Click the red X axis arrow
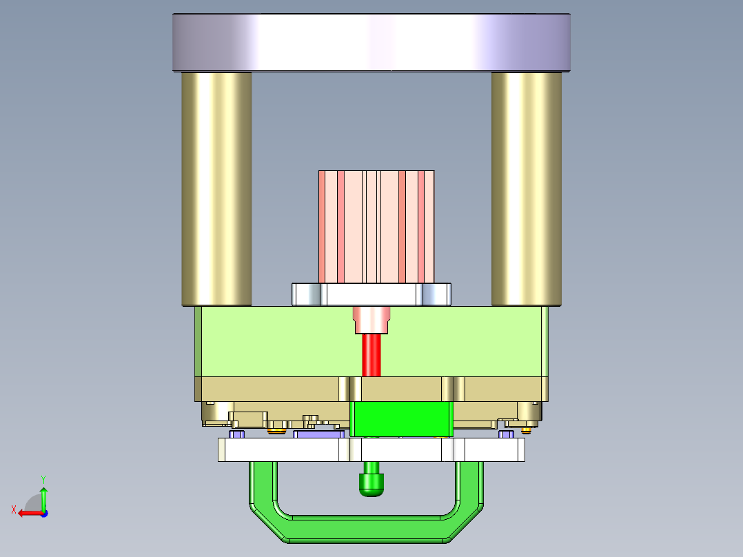[28, 513]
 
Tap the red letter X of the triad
[13, 509]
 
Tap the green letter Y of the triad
[43, 478]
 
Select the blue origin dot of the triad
[43, 513]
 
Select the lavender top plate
[371, 42]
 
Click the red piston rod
[371, 355]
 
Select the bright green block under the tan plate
[402, 419]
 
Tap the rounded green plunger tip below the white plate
[371, 485]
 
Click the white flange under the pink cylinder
[371, 294]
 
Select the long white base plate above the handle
[371, 450]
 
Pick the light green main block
[276, 341]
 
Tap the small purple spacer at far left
[238, 434]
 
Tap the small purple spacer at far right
[506, 434]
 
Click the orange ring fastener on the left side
[277, 432]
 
